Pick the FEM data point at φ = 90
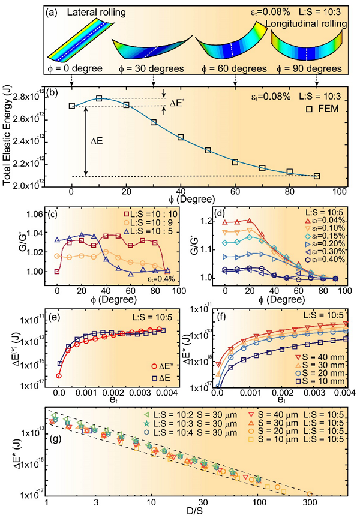(317, 176)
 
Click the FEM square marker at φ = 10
(99, 98)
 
